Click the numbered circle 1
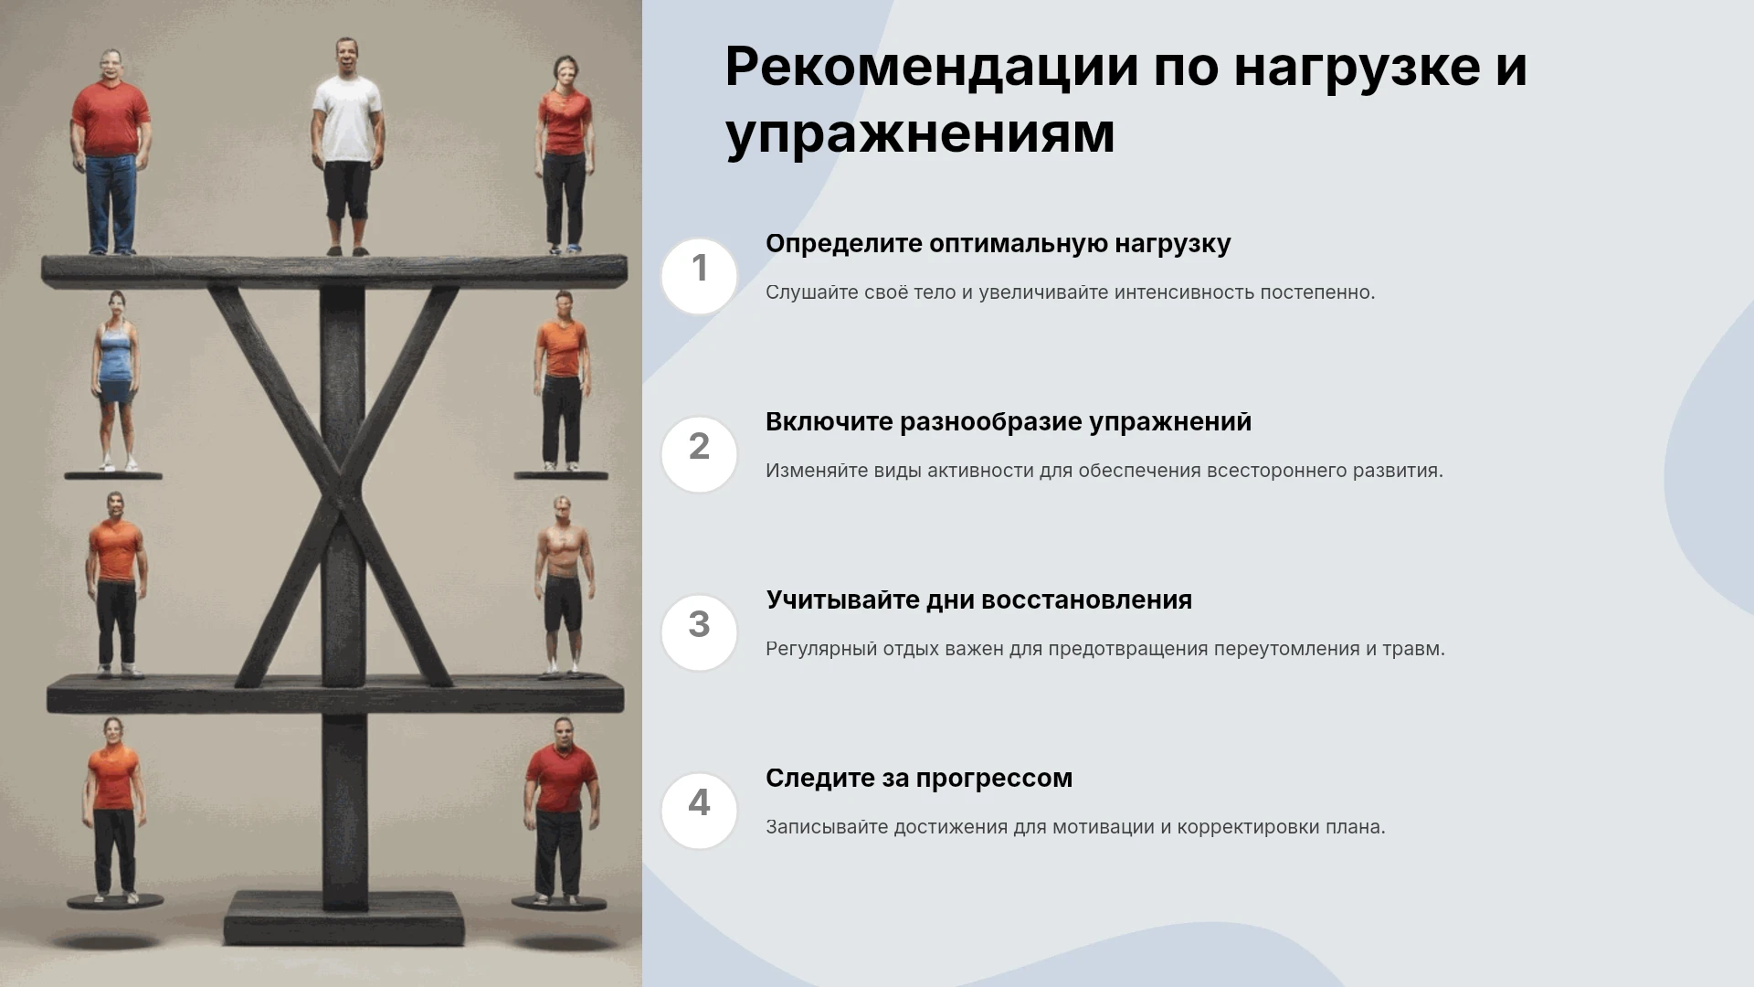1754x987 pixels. pos(699,276)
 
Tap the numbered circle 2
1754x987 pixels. pos(699,454)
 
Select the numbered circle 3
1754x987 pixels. pos(699,632)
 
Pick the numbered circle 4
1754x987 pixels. pos(699,811)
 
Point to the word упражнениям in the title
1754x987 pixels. pos(920,134)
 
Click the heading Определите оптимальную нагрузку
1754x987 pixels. pos(998,244)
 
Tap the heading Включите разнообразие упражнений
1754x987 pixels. pos(1009,422)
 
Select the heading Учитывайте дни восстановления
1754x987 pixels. pos(978,600)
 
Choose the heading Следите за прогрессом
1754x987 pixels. pos(919,779)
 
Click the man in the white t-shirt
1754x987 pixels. pos(346,146)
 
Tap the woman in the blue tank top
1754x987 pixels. pos(115,381)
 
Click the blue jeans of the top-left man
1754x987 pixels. pos(111,204)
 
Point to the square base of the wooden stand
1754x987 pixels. pos(344,918)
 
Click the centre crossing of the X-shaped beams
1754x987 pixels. pos(343,499)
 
